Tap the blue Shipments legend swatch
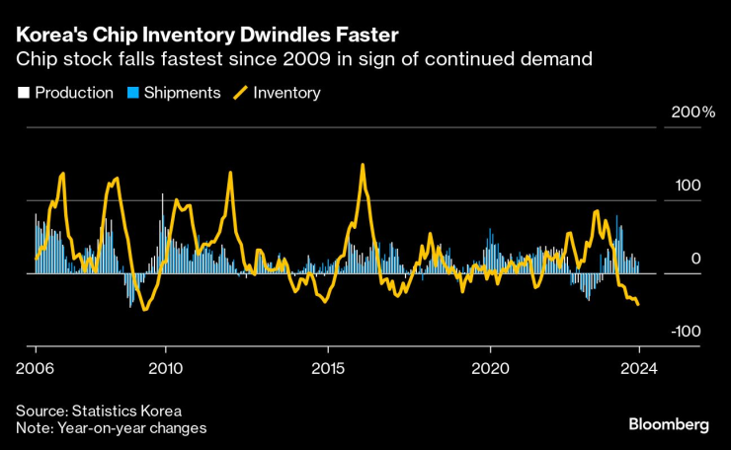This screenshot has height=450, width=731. click(x=132, y=94)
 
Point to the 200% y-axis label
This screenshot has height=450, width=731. click(x=692, y=113)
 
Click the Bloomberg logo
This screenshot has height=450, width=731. click(x=669, y=424)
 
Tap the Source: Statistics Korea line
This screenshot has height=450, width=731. click(x=99, y=411)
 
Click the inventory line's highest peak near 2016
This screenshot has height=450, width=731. click(x=363, y=165)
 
